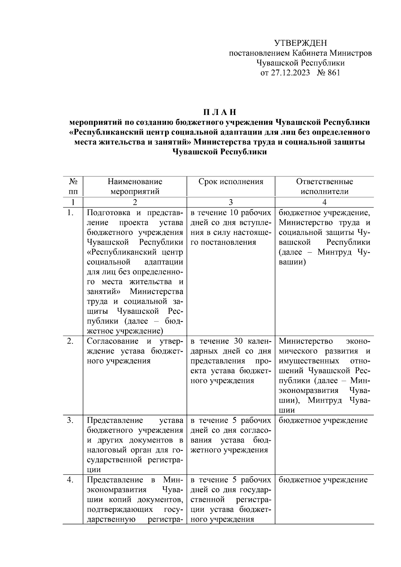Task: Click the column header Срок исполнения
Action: (x=231, y=182)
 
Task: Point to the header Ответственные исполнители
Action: (x=324, y=186)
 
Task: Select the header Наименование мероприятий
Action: (x=135, y=186)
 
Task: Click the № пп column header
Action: (x=73, y=186)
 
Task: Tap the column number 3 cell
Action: (x=231, y=202)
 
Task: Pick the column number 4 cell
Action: (x=324, y=202)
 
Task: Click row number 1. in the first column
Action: (x=70, y=212)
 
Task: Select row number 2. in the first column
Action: (x=70, y=341)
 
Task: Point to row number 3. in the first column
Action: (x=70, y=420)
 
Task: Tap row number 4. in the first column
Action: (x=70, y=480)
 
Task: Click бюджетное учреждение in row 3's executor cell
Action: (x=323, y=420)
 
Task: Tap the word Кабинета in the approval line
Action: (x=309, y=53)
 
